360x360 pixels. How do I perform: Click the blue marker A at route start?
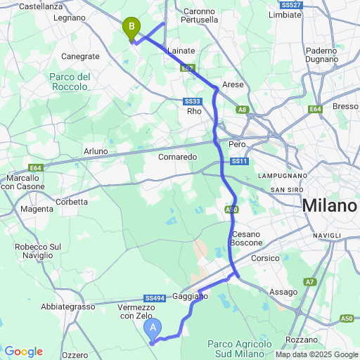pos(153,328)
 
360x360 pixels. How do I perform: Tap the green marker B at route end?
pos(131,28)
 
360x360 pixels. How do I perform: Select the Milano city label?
pos(330,207)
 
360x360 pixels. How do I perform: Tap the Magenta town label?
pos(37,209)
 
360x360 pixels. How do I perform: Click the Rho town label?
pos(194,110)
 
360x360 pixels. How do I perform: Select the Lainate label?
pos(181,51)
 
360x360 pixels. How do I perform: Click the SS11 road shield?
pos(239,162)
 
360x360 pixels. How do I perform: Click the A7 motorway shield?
pos(310,282)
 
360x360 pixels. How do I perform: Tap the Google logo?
pos(23,352)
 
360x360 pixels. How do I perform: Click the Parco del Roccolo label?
pos(70,82)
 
